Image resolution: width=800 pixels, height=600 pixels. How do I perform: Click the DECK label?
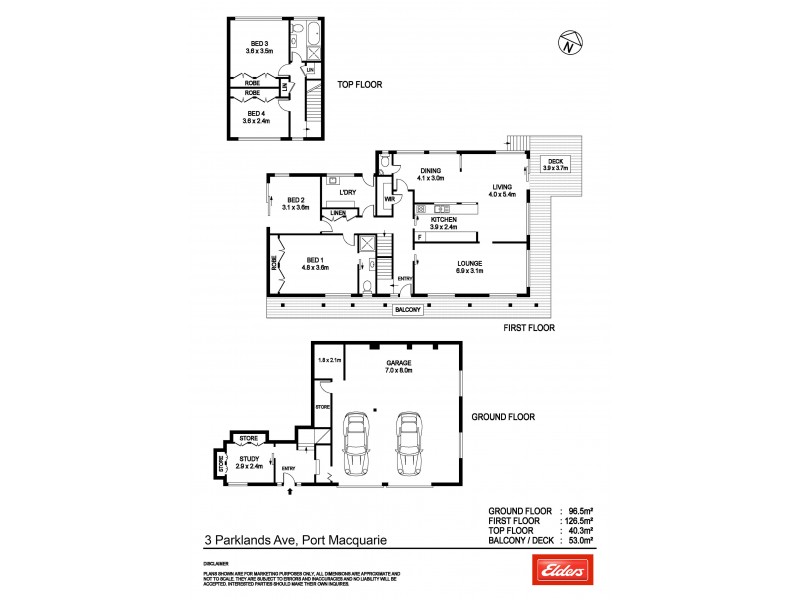pyautogui.click(x=553, y=164)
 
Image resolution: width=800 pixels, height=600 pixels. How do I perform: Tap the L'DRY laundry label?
pyautogui.click(x=348, y=191)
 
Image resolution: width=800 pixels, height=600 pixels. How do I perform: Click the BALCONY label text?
pyautogui.click(x=408, y=310)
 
